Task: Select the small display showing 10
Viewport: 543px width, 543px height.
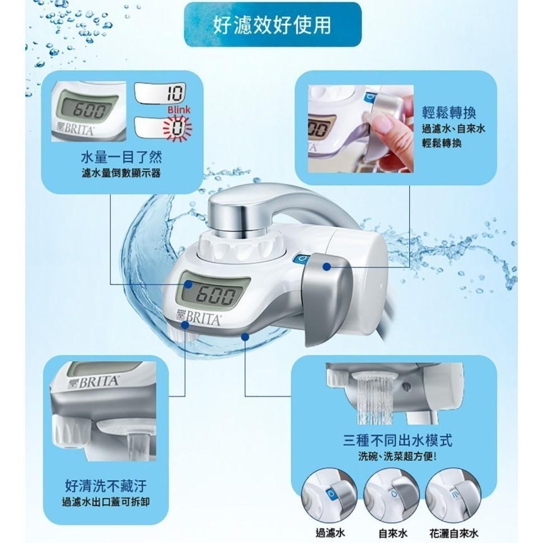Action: [x=161, y=95]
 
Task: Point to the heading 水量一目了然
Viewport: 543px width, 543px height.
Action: [x=121, y=157]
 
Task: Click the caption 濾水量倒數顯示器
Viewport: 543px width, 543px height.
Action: [x=121, y=174]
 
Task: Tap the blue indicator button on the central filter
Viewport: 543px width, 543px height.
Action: [x=301, y=259]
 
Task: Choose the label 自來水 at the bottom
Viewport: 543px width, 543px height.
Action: [x=392, y=533]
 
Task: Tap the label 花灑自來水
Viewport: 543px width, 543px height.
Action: [x=455, y=533]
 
